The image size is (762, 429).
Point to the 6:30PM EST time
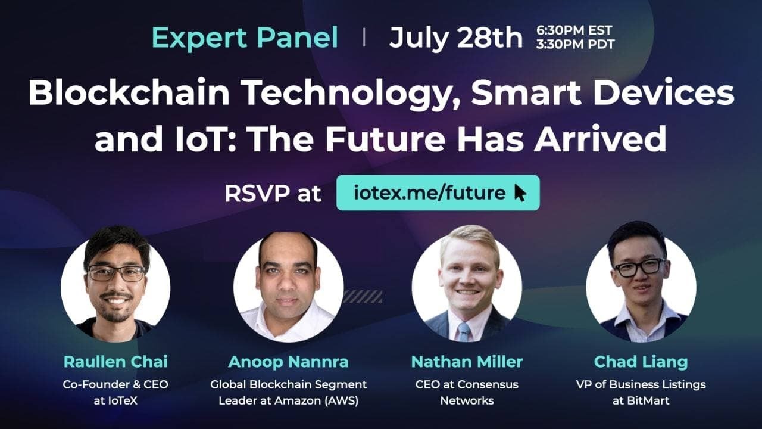coord(574,30)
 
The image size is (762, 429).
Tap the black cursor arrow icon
coord(520,193)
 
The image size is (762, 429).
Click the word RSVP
coord(257,194)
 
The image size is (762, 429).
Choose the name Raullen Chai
coord(115,361)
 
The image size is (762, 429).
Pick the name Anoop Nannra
coord(288,361)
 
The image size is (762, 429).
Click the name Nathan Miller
coord(467,361)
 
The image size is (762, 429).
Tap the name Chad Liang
coord(641,361)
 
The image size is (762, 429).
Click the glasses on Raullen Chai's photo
coord(116,273)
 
